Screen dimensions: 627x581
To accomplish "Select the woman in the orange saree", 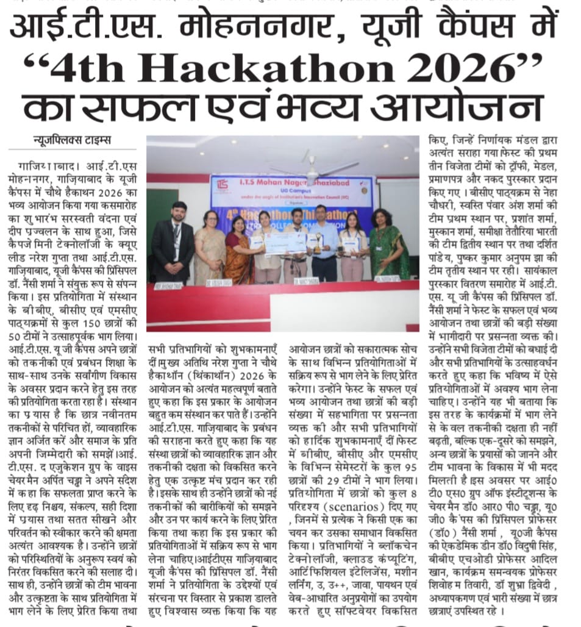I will [239, 250].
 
